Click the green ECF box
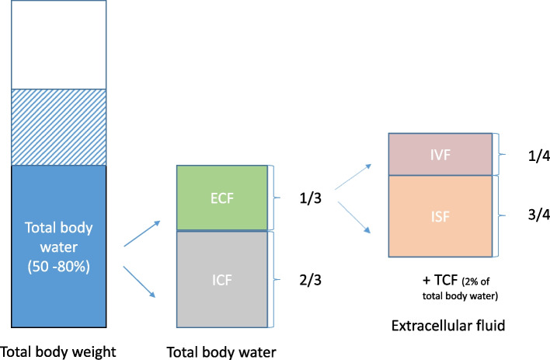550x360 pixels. (222, 197)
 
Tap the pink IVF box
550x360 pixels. (439, 154)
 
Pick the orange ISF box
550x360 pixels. (439, 217)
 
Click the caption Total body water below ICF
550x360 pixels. (222, 351)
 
